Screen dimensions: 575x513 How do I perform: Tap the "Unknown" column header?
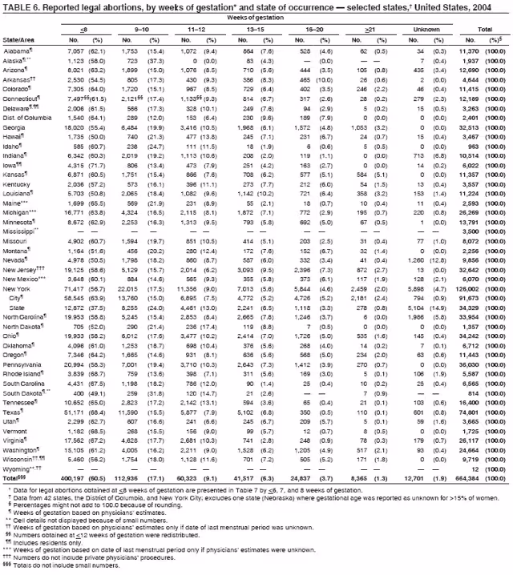(x=426, y=30)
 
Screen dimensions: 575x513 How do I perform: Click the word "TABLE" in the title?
(x=17, y=6)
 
